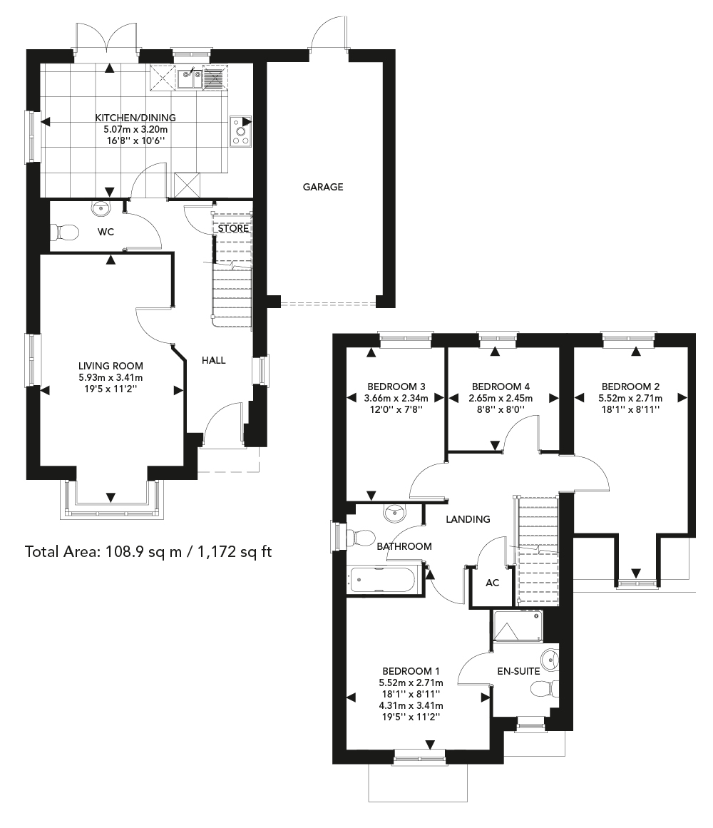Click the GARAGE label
click(x=322, y=187)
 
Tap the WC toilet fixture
click(x=64, y=232)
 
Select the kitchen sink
click(x=190, y=78)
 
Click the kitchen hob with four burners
click(x=241, y=131)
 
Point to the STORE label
click(x=233, y=229)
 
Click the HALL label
click(x=214, y=360)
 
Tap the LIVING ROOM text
click(x=111, y=366)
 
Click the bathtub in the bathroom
click(x=385, y=580)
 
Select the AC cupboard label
click(x=493, y=583)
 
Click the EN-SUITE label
click(x=519, y=671)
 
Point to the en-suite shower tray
click(x=517, y=626)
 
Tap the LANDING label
click(x=468, y=519)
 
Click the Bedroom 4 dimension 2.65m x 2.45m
click(x=501, y=398)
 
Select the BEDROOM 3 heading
click(x=396, y=387)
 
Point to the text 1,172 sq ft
click(x=235, y=552)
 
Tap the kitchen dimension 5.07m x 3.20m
click(x=135, y=129)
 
